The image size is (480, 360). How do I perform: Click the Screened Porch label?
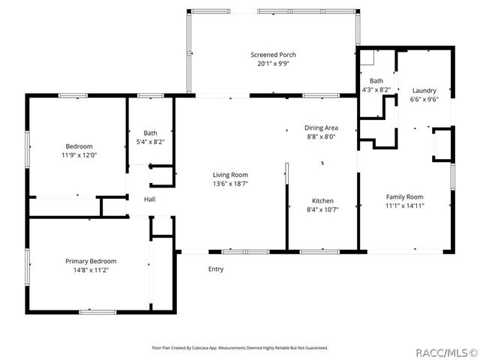(273, 55)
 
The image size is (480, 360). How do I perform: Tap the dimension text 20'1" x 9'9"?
(273, 64)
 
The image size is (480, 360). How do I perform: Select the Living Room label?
(230, 174)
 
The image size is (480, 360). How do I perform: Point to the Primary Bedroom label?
(91, 261)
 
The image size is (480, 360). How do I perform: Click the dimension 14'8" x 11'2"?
(91, 270)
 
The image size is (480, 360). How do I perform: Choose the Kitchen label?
(322, 201)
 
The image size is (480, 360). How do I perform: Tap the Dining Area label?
(320, 128)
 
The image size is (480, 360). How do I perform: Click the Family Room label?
(405, 196)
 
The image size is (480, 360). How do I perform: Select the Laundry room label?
(424, 90)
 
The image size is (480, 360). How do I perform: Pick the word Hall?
(150, 199)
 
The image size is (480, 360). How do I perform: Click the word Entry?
(216, 269)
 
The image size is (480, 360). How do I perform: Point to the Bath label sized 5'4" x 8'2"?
(151, 133)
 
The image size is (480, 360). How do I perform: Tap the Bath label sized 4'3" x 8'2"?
(376, 81)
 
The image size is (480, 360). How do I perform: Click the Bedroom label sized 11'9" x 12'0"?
(79, 146)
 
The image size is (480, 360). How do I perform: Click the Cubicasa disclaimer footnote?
(240, 348)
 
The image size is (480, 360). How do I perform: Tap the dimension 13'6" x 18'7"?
(230, 183)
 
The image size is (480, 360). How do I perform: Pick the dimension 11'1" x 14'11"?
(405, 205)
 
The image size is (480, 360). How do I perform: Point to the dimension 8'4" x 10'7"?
(322, 210)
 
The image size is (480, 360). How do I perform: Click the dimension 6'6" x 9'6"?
(424, 99)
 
